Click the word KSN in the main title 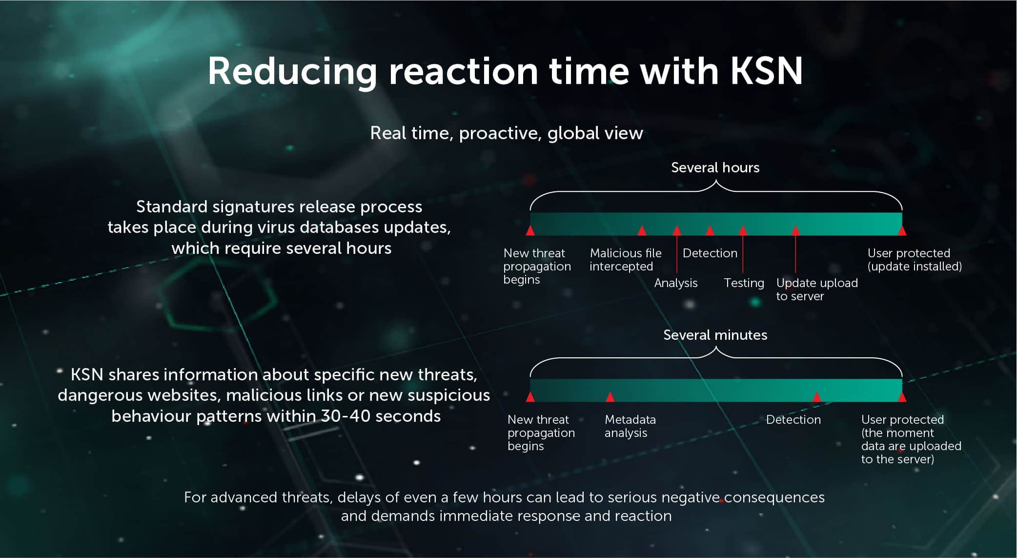pos(767,71)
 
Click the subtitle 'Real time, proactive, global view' pos(507,133)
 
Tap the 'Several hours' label pos(715,167)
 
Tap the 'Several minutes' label pos(715,335)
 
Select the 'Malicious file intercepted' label pos(626,260)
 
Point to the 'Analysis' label pos(676,283)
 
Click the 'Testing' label pos(744,283)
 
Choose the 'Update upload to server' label pos(817,289)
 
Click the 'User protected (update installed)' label pos(915,260)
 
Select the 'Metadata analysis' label pos(630,426)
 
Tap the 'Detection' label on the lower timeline pos(793,420)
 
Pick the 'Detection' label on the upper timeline pos(710,253)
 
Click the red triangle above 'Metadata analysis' pos(610,396)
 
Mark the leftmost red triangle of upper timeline pos(530,230)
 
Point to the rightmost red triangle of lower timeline pos(902,396)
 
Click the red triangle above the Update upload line pos(795,230)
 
